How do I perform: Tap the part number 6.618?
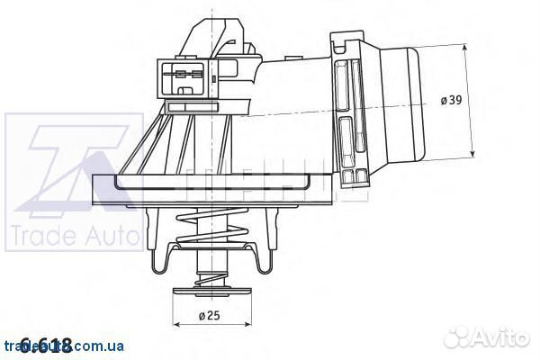point(45,344)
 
